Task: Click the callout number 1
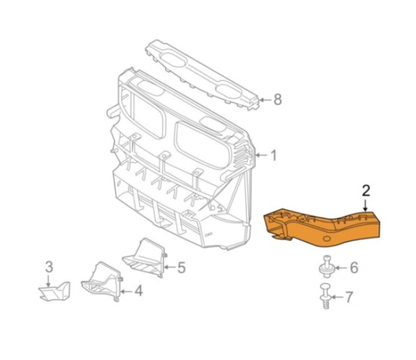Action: pyautogui.click(x=274, y=155)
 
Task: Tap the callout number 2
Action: pyautogui.click(x=366, y=191)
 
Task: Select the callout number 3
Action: pyautogui.click(x=49, y=267)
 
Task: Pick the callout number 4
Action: pyautogui.click(x=139, y=291)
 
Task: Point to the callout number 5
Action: pyautogui.click(x=181, y=267)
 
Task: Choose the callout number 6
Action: pyautogui.click(x=354, y=267)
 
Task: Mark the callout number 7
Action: pyautogui.click(x=349, y=297)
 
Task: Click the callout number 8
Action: pyautogui.click(x=277, y=99)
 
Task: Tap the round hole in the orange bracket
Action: pyautogui.click(x=326, y=239)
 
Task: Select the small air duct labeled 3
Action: pyautogui.click(x=55, y=291)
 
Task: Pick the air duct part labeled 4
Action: pyautogui.click(x=102, y=282)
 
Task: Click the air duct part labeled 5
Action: pyautogui.click(x=145, y=258)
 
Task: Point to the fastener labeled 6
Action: pyautogui.click(x=326, y=267)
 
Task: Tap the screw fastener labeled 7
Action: pyautogui.click(x=326, y=296)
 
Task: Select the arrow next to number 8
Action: pyautogui.click(x=265, y=100)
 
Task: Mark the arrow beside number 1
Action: pyautogui.click(x=262, y=155)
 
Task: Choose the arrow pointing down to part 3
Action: pyautogui.click(x=48, y=280)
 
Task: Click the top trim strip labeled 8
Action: pyautogui.click(x=202, y=74)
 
